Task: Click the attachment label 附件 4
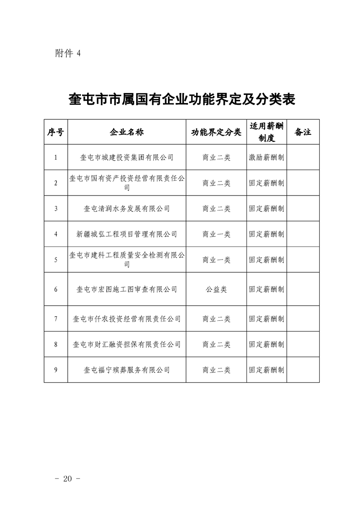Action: pyautogui.click(x=67, y=53)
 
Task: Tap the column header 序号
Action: pyautogui.click(x=55, y=132)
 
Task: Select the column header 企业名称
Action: pyautogui.click(x=127, y=132)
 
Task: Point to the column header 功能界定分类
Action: pyautogui.click(x=216, y=132)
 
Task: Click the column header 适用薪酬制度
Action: pyautogui.click(x=266, y=132)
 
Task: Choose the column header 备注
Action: pyautogui.click(x=303, y=132)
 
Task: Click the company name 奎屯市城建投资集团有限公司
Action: pyautogui.click(x=127, y=157)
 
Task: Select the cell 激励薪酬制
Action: pyautogui.click(x=266, y=157)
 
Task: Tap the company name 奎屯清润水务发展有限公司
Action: pyautogui.click(x=127, y=209)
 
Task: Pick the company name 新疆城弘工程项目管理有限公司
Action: pyautogui.click(x=127, y=234)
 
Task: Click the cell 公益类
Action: pyautogui.click(x=216, y=289)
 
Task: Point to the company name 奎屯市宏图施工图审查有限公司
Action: pyautogui.click(x=127, y=289)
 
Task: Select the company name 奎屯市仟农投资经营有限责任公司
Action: pyautogui.click(x=127, y=319)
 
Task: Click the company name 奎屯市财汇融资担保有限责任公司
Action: pyautogui.click(x=127, y=344)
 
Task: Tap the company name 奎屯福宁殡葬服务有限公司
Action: pyautogui.click(x=127, y=370)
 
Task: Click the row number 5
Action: pyautogui.click(x=55, y=260)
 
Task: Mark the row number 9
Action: pyautogui.click(x=55, y=370)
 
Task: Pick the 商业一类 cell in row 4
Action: pyautogui.click(x=216, y=234)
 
